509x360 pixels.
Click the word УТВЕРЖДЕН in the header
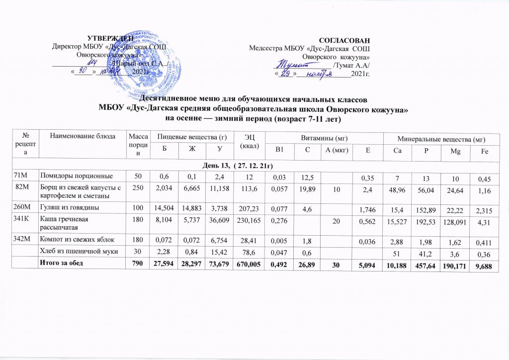110,38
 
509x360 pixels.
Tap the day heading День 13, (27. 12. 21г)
254,165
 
